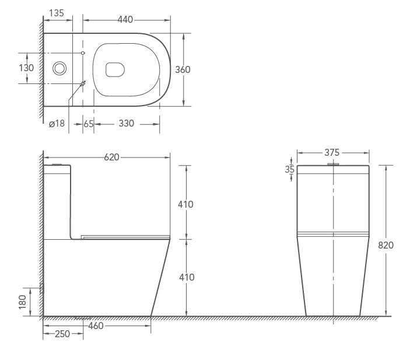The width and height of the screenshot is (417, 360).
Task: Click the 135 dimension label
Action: point(57,13)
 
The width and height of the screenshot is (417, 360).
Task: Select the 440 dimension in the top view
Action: point(125,19)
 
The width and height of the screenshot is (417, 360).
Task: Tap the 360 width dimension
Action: point(183,69)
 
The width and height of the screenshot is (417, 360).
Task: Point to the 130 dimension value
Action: point(26,68)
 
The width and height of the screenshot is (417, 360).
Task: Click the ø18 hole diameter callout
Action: point(57,124)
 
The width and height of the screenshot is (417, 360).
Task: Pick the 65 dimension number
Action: point(89,124)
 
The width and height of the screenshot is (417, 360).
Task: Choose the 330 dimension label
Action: point(127,124)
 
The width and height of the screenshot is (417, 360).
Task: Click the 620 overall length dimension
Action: point(111,158)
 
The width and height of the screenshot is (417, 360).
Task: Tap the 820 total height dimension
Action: point(386,245)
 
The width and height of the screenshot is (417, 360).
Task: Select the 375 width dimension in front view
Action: point(332,153)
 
